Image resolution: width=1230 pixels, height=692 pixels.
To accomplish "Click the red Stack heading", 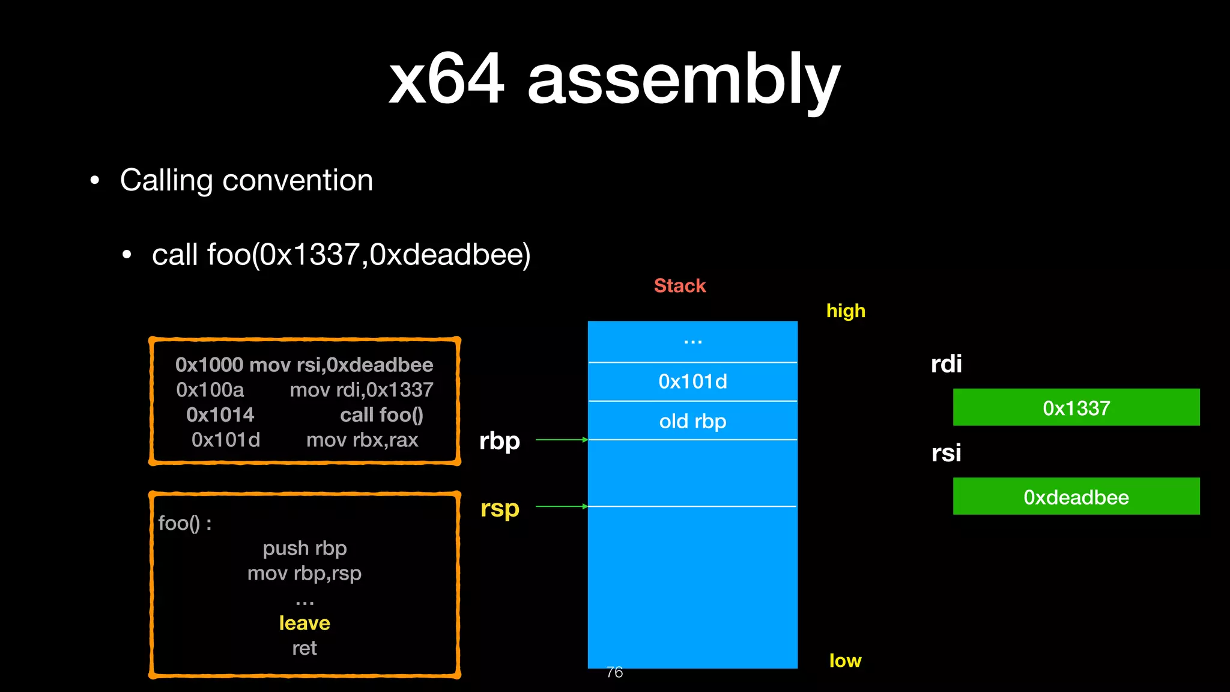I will click(x=679, y=286).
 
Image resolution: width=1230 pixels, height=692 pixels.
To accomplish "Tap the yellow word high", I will click(x=845, y=311).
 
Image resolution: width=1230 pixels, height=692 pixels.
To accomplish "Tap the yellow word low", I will click(x=844, y=661).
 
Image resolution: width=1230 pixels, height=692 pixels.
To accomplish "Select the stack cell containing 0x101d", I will click(x=692, y=381).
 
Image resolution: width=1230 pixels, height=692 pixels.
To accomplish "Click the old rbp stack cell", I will click(x=692, y=421).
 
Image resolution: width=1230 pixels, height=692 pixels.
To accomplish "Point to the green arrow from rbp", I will click(x=561, y=440).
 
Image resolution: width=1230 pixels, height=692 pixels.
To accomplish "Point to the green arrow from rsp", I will click(x=561, y=506).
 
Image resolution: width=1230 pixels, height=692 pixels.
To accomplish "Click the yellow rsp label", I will click(x=500, y=509).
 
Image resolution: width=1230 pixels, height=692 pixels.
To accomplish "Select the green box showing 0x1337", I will click(x=1076, y=408).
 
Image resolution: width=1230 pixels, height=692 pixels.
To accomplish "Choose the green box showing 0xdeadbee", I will click(x=1076, y=497).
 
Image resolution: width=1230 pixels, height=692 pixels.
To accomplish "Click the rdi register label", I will click(x=946, y=364).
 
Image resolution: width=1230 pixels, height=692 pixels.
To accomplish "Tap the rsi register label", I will click(x=946, y=453).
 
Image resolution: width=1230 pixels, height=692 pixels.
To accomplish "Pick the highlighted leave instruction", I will click(x=304, y=623).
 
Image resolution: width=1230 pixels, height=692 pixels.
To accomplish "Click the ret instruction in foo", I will click(x=304, y=648).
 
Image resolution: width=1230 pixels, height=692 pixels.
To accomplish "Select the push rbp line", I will click(x=304, y=548).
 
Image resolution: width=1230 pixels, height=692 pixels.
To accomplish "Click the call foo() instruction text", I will click(x=381, y=415).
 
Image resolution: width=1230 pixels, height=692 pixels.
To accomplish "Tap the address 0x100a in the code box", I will click(x=210, y=390).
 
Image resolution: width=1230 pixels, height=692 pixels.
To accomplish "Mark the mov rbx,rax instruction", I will click(x=362, y=440).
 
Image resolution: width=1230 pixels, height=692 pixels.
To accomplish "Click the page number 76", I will click(x=614, y=672).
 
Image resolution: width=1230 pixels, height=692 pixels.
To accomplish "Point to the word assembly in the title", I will click(x=683, y=80).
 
